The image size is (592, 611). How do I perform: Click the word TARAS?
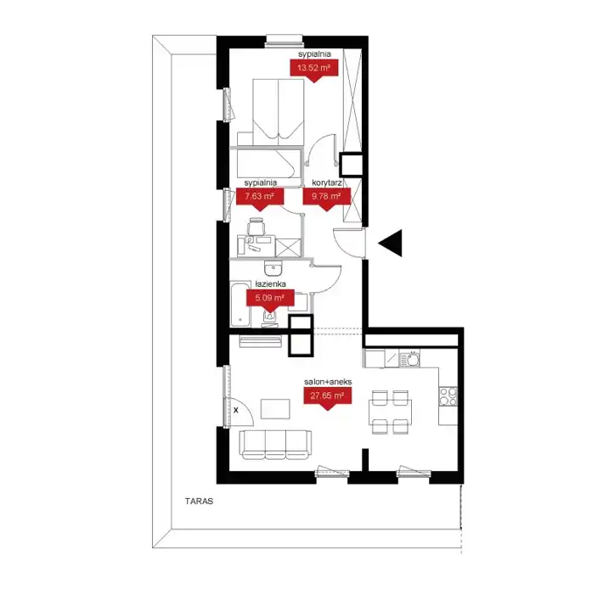point(200,502)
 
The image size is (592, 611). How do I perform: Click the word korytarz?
point(327,182)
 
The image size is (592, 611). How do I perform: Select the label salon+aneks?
point(328,382)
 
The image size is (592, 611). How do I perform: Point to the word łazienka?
point(270,284)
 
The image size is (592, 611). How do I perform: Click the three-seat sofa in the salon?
point(275,445)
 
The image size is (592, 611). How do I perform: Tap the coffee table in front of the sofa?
point(275,409)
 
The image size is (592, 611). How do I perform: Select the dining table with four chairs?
point(390,412)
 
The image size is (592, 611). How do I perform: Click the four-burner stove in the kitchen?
point(448,396)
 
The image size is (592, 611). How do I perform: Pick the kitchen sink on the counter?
point(409,359)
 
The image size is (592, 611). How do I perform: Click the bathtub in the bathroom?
point(240,304)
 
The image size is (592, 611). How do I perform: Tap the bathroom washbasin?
point(273,268)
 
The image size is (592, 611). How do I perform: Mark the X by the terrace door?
point(236,410)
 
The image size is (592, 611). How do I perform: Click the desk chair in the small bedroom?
point(257,226)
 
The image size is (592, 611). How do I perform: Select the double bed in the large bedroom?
point(278,111)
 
